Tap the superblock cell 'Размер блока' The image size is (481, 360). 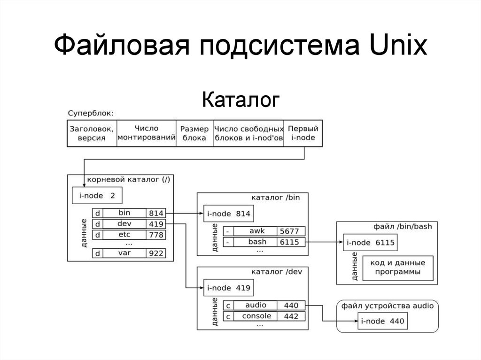click(x=194, y=133)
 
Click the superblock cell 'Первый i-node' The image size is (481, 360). click(x=303, y=133)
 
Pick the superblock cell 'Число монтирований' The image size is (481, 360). click(x=146, y=133)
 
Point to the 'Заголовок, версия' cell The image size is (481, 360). click(x=92, y=133)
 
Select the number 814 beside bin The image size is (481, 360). click(x=155, y=213)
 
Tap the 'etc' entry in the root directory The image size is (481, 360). click(x=124, y=234)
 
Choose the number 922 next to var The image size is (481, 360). click(x=155, y=253)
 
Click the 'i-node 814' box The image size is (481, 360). click(x=228, y=214)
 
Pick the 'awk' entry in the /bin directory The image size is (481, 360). click(x=257, y=231)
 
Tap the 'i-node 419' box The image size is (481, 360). click(x=228, y=288)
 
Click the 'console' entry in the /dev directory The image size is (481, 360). click(x=256, y=316)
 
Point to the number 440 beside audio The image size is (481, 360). click(x=291, y=305)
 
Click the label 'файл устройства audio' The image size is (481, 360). click(x=388, y=306)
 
